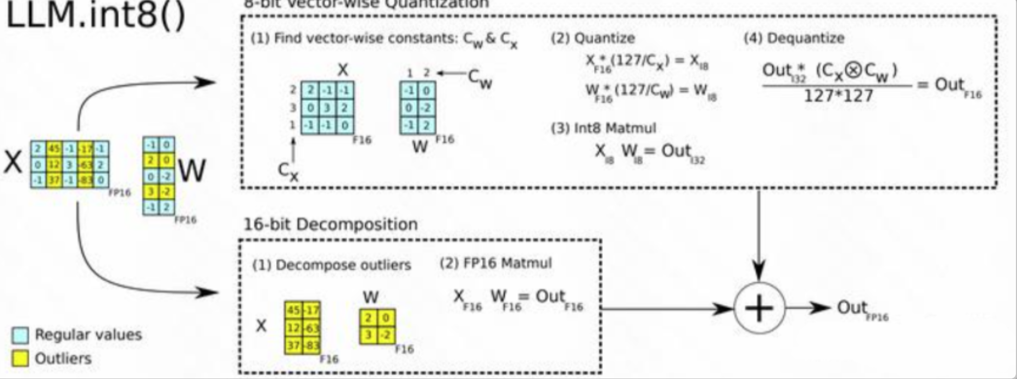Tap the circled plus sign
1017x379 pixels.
coord(759,308)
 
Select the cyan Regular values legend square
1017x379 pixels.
coord(20,335)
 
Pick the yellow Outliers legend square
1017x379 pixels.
coord(20,359)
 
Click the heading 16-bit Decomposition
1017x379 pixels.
coord(330,224)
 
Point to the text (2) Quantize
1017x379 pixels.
coord(592,38)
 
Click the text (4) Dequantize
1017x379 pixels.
coord(794,38)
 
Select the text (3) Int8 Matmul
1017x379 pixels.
coord(603,128)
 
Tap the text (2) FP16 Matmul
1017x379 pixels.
coord(495,263)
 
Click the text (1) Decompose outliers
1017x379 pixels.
coord(331,265)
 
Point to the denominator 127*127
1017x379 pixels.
coord(838,96)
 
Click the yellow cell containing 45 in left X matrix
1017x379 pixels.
coord(54,149)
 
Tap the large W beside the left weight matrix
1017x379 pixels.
coord(191,170)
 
